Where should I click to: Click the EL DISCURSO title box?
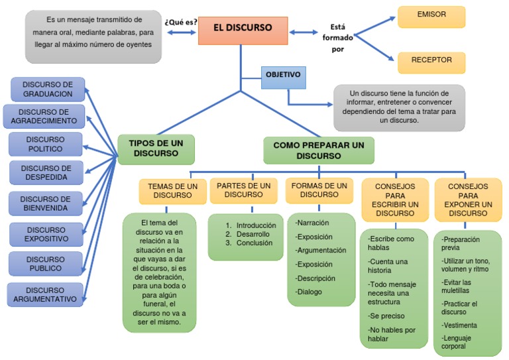tap(243, 30)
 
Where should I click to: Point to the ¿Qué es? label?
tap(181, 22)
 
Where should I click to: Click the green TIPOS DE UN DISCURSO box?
tap(156, 149)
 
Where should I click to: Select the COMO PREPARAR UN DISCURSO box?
tap(318, 150)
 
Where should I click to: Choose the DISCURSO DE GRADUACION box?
tap(48, 89)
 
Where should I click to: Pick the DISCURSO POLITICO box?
tap(46, 144)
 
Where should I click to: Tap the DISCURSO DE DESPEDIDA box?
tap(46, 172)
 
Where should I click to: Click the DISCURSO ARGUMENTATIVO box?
tap(45, 294)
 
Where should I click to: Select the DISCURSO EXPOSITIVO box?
tap(46, 233)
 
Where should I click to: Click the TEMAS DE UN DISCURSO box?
tap(172, 191)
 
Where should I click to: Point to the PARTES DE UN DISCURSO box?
tap(243, 190)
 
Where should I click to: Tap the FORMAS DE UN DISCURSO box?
tap(319, 190)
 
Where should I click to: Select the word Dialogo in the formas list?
tap(310, 292)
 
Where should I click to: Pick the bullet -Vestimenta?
tap(459, 325)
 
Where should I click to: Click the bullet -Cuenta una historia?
tap(389, 266)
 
